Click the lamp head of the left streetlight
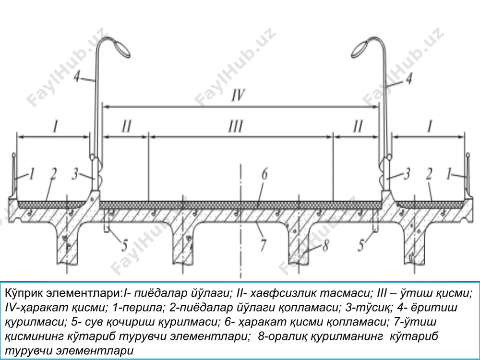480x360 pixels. coord(121,49)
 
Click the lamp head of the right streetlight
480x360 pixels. coord(360,49)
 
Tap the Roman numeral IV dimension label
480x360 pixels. coord(238,96)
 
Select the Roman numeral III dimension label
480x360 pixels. coord(236,126)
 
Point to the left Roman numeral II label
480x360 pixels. coord(126,126)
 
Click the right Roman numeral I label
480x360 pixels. coord(430,126)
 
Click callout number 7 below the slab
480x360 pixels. coord(263,245)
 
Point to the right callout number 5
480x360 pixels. coord(361,245)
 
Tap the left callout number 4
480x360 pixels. coord(77,77)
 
